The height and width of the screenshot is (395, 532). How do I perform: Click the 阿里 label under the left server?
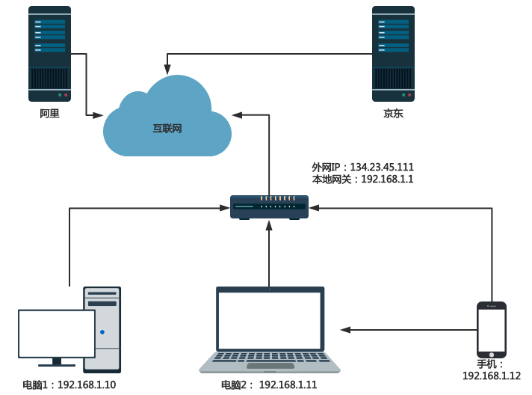[49, 114]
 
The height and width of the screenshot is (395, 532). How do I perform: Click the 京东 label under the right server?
[393, 114]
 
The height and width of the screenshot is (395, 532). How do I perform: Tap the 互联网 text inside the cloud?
[167, 129]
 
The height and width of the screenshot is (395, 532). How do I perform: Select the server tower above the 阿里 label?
[49, 54]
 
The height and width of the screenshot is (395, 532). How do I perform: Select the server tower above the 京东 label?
[393, 54]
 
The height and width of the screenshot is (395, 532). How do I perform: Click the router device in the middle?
[269, 207]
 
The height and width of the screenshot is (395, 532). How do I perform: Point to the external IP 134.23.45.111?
[382, 167]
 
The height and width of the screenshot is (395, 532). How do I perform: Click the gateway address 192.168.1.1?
[387, 180]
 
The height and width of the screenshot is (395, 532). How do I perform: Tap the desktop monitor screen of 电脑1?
[57, 334]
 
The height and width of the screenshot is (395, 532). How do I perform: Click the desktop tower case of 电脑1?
[102, 329]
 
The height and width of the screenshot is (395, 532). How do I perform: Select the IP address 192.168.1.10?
[87, 385]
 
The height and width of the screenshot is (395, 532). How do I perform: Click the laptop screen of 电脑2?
[270, 320]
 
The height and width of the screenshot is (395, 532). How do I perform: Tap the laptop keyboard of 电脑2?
[270, 358]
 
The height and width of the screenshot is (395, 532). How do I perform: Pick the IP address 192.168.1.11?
[288, 385]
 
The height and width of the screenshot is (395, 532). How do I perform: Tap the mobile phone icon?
[492, 329]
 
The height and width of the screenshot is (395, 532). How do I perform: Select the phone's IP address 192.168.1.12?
[492, 376]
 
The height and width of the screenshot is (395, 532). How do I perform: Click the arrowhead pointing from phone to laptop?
[346, 329]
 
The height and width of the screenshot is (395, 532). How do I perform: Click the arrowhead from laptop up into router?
[269, 225]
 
